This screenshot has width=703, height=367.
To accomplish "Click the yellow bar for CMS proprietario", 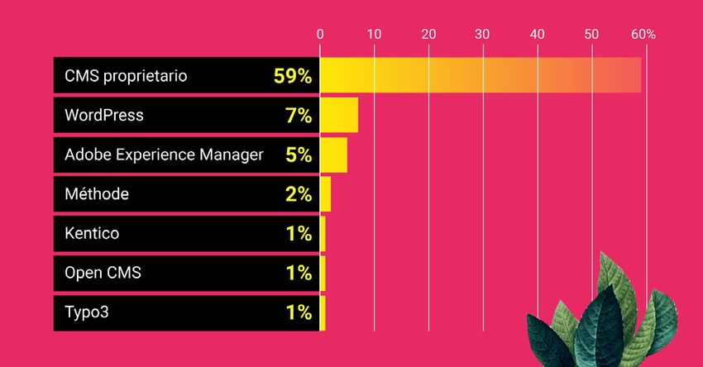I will coord(480,75).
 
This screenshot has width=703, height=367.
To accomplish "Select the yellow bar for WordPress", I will coord(339,115).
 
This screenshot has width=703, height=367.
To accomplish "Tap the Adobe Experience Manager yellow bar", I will coord(333,155).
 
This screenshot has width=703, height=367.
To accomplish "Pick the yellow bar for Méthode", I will coord(326,194).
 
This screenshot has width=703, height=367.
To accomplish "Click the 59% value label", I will coord(293,76).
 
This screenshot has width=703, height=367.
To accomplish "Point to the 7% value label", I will coord(299,116).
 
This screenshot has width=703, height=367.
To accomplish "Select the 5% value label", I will coord(299,155).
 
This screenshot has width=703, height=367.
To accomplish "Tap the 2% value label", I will coord(299,194).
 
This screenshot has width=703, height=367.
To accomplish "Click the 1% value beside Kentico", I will coord(299,234).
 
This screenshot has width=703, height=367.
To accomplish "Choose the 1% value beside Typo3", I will coord(299,312).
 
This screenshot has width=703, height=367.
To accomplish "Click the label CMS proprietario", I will coord(126,76).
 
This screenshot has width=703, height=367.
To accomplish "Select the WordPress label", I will coord(104,116).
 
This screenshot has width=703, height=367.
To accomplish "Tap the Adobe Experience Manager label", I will coord(164,155).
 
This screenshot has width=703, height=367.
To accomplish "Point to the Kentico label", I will coord(92,234).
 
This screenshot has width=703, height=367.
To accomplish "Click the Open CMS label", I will coord(103,273).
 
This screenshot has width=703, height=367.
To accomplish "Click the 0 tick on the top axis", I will coord(320,35).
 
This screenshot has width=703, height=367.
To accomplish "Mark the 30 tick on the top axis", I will coord(483,35).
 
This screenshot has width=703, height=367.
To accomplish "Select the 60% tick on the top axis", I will coord(643,35).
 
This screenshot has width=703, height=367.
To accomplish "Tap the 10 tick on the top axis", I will coord(374,35).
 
